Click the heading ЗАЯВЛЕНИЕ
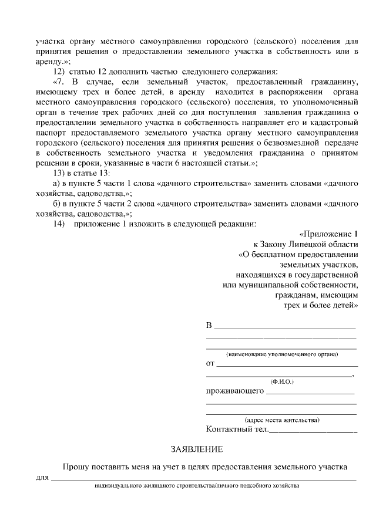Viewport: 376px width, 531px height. tap(197, 449)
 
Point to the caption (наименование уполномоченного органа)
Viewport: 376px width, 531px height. tap(282, 354)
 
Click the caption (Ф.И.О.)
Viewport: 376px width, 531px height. tap(282, 382)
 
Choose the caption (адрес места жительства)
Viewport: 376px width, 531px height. tap(282, 420)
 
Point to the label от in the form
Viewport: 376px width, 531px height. tap(210, 363)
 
